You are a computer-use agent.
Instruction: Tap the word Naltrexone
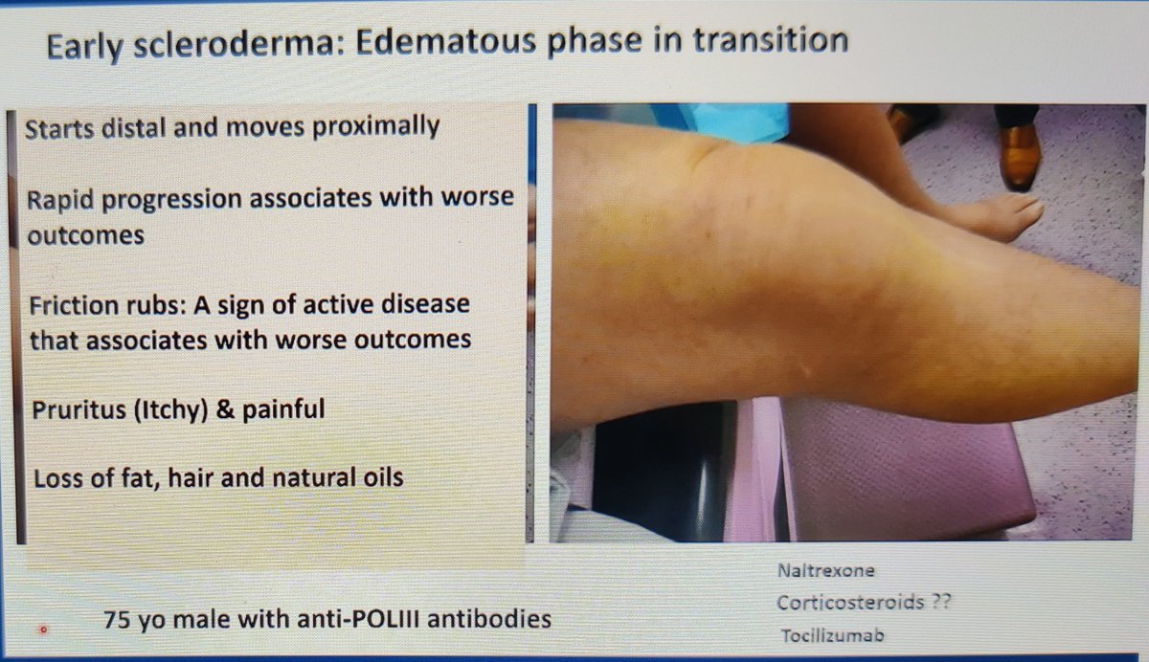pos(826,571)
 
